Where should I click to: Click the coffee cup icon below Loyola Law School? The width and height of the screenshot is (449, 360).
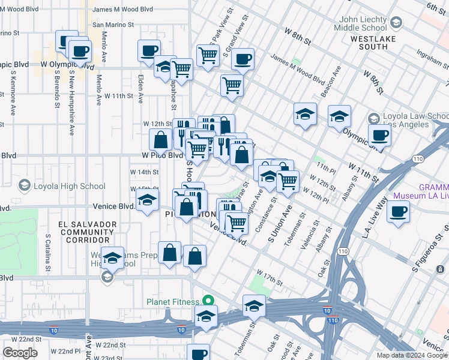379,136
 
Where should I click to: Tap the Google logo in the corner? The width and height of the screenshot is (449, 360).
20,353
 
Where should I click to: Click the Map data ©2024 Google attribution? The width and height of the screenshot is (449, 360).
412,355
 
